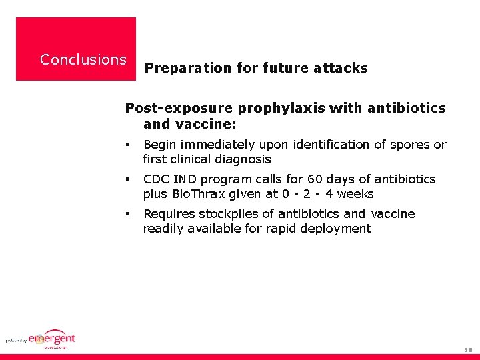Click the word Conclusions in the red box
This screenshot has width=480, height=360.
[83, 59]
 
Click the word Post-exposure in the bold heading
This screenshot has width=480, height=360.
[179, 108]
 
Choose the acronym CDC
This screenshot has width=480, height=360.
[157, 179]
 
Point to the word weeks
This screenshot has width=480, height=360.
[355, 194]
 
